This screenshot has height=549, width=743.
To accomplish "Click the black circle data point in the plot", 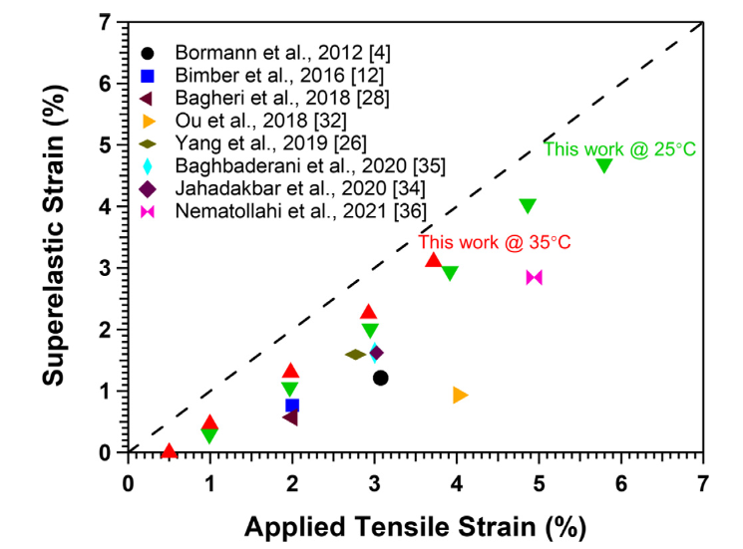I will [x=380, y=378].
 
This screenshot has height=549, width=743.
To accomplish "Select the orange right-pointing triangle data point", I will [x=460, y=396].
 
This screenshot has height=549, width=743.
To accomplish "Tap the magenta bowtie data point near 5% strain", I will [x=535, y=277].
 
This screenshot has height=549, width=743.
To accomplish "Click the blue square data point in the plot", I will [x=292, y=405].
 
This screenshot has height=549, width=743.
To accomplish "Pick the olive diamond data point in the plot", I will [x=356, y=354].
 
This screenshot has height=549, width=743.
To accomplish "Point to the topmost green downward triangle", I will [x=603, y=165].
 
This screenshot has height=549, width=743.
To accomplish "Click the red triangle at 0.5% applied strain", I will [x=170, y=451].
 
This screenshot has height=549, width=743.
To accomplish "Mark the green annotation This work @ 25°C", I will [x=619, y=149].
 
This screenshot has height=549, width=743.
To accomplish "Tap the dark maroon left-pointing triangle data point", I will [x=290, y=416].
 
